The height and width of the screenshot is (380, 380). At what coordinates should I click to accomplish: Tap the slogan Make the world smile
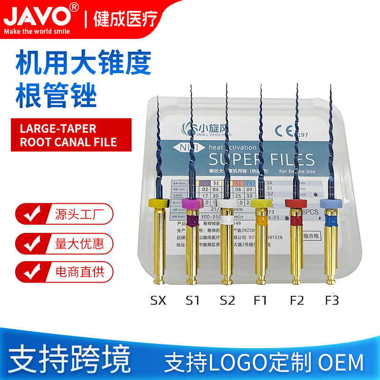click(38, 31)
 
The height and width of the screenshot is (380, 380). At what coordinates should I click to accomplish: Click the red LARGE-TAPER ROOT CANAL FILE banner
click(64, 135)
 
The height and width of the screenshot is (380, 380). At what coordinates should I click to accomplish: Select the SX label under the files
click(158, 301)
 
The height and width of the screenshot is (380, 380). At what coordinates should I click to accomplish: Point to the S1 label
click(193, 301)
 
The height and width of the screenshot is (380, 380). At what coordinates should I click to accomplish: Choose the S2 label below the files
click(227, 301)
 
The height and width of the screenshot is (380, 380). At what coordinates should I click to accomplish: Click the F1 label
click(261, 301)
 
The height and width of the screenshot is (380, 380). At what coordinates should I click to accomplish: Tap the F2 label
click(296, 301)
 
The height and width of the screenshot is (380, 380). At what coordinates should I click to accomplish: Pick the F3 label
click(331, 301)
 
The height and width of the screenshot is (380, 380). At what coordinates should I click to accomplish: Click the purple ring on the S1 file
click(193, 205)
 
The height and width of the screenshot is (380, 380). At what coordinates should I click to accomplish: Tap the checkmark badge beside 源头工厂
click(29, 214)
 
